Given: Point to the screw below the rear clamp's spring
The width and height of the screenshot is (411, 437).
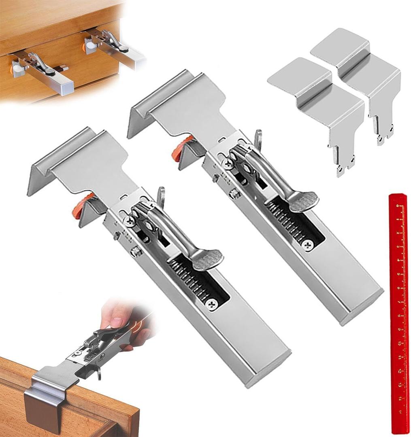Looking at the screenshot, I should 309,245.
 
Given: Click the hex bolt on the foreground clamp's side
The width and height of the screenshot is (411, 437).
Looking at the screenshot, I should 135,251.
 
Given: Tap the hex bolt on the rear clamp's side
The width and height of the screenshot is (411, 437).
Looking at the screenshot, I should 234,194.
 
